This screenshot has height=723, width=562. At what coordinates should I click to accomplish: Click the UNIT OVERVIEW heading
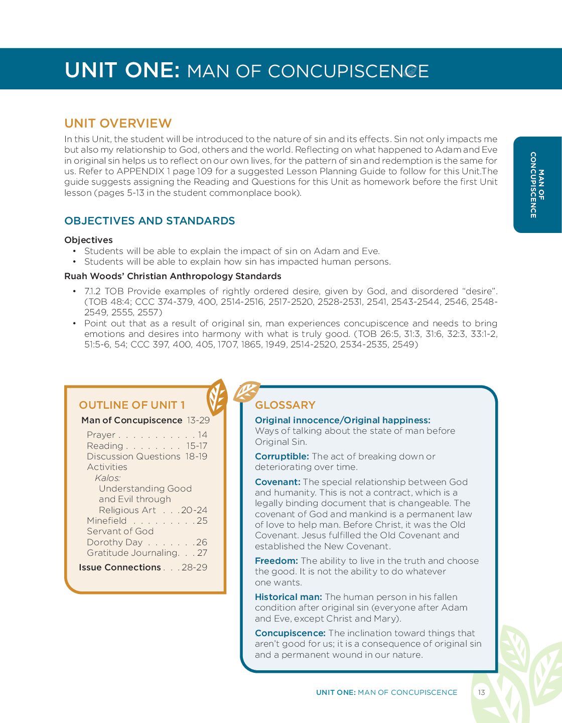tap(118, 124)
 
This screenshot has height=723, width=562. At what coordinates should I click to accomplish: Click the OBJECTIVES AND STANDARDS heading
tap(150, 221)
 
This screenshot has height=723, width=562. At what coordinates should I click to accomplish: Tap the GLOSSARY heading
tap(285, 405)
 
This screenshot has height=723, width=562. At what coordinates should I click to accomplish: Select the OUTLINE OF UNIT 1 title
tap(132, 405)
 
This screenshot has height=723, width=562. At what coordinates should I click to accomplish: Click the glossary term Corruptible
tap(282, 456)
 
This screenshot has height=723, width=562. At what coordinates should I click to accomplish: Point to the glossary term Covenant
tap(277, 482)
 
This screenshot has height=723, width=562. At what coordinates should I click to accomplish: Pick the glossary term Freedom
tap(276, 561)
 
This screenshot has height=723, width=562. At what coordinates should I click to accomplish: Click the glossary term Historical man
tap(288, 597)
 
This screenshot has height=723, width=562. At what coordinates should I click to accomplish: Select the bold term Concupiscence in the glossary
tap(290, 633)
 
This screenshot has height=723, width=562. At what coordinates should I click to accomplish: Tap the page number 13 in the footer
tap(481, 692)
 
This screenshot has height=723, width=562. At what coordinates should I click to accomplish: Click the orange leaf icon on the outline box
tap(217, 397)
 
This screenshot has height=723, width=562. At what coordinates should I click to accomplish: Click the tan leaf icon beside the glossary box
tap(246, 392)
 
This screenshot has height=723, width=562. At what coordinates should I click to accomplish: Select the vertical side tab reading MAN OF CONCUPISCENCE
tap(537, 185)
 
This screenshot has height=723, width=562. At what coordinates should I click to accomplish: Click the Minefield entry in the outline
tap(107, 521)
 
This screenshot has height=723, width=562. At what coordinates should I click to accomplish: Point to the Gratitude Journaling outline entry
tap(132, 553)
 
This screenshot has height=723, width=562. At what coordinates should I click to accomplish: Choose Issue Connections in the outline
tap(120, 567)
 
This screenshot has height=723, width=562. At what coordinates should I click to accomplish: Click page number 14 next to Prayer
tap(202, 435)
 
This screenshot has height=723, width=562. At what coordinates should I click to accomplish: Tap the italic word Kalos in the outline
tap(107, 478)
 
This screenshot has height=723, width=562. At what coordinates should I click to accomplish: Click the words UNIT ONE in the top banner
tap(122, 70)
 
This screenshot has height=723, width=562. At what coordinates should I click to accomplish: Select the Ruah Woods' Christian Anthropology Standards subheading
tap(173, 276)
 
